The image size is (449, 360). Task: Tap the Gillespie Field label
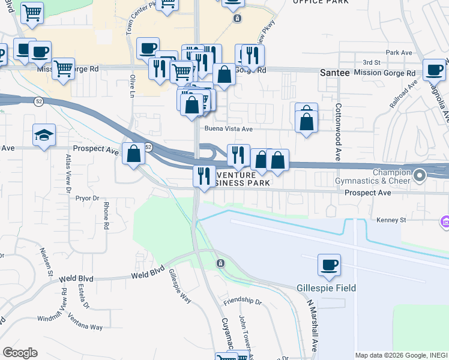[327, 288]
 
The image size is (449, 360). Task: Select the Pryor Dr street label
[87, 196]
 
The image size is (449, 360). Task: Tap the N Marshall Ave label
[312, 326]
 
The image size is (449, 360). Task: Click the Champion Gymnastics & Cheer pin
[420, 176]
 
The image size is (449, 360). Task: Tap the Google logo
[20, 353]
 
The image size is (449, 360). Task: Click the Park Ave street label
[400, 53]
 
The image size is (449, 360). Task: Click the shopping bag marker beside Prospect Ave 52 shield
[134, 154]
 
